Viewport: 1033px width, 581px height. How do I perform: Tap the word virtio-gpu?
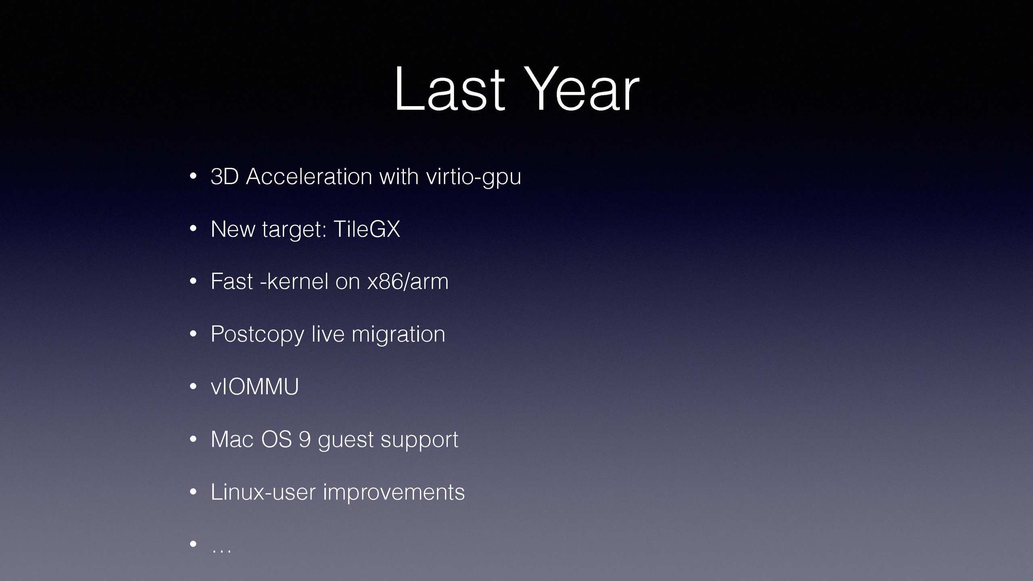474,178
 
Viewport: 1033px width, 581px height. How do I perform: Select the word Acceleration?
309,177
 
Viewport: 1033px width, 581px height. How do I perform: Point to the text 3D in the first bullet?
225,177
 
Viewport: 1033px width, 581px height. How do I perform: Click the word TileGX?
366,229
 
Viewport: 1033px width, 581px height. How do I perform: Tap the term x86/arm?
408,281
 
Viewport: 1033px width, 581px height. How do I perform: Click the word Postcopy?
257,335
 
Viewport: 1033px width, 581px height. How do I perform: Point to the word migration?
398,335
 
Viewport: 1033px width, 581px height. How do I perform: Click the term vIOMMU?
255,387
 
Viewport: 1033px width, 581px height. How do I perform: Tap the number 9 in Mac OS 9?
305,439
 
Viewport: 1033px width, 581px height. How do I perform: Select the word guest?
345,440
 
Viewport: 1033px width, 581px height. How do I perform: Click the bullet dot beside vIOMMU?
193,387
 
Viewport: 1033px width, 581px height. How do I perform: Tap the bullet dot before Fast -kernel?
193,281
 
